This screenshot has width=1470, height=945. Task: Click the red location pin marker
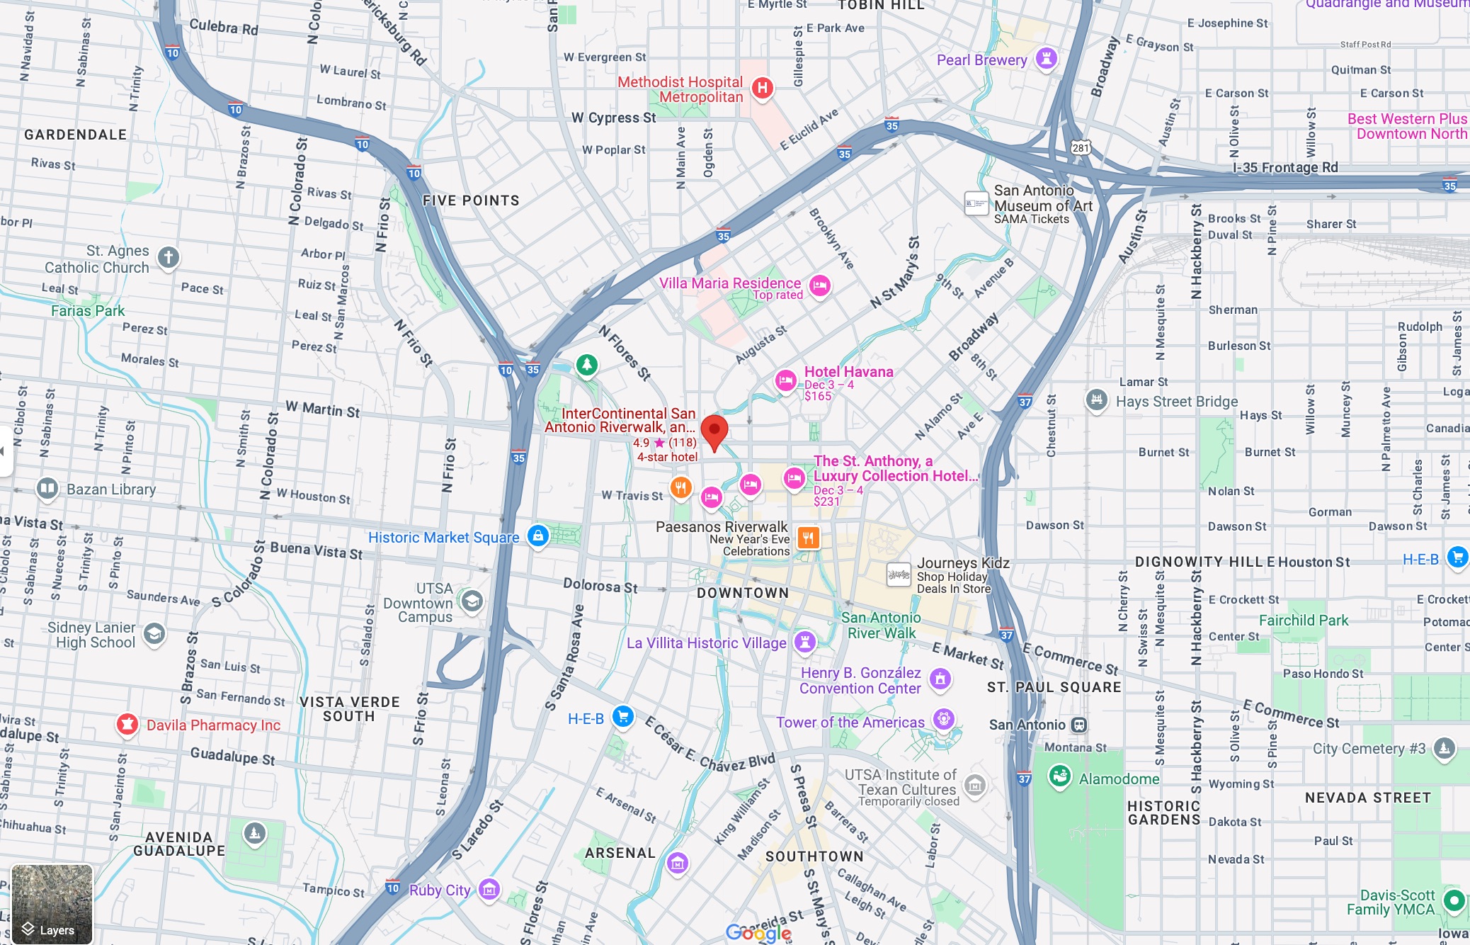pos(714,430)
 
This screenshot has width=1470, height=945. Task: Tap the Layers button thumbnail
pos(52,904)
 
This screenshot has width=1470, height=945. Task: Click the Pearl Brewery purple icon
pos(1046,58)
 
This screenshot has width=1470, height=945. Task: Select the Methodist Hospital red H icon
pos(762,88)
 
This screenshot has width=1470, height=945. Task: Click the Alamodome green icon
pos(1059,776)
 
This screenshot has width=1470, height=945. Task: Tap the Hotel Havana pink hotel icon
pos(785,380)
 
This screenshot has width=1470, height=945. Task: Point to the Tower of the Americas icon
pos(943,720)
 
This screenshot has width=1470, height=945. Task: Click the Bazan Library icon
pos(47,488)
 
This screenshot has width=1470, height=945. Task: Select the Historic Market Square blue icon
pos(537,536)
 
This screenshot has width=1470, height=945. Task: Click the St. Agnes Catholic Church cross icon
pos(168,256)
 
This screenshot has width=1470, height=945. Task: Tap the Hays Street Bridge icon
pos(1096,400)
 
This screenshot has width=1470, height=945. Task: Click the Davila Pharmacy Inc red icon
pos(127,724)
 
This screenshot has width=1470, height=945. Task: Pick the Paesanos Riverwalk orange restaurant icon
pos(808,538)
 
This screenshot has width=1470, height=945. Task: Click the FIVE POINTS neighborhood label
pos(471,200)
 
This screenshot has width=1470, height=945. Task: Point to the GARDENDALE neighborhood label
pos(75,135)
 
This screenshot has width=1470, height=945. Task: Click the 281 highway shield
pos(1081,147)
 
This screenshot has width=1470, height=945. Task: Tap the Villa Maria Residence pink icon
pos(819,285)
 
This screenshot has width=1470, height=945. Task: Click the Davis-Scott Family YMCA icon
pos(1453,900)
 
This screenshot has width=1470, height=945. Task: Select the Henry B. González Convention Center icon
pos(940,679)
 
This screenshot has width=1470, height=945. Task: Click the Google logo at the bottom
pos(758,933)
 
